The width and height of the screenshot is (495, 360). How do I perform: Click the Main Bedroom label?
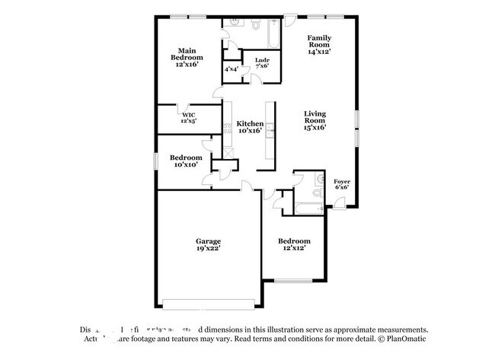point(187,58)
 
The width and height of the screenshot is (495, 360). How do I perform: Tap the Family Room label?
point(319,45)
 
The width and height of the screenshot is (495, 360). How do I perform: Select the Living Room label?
point(315,119)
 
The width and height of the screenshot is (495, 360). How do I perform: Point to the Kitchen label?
point(250,127)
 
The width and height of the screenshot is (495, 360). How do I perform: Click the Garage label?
point(208,245)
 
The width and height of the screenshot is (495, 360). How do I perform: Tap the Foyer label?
point(342,184)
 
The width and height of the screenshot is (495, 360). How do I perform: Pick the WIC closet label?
point(188,118)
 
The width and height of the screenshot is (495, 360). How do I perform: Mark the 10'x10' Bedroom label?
point(186,161)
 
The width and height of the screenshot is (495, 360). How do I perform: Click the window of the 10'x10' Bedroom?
point(156,161)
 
